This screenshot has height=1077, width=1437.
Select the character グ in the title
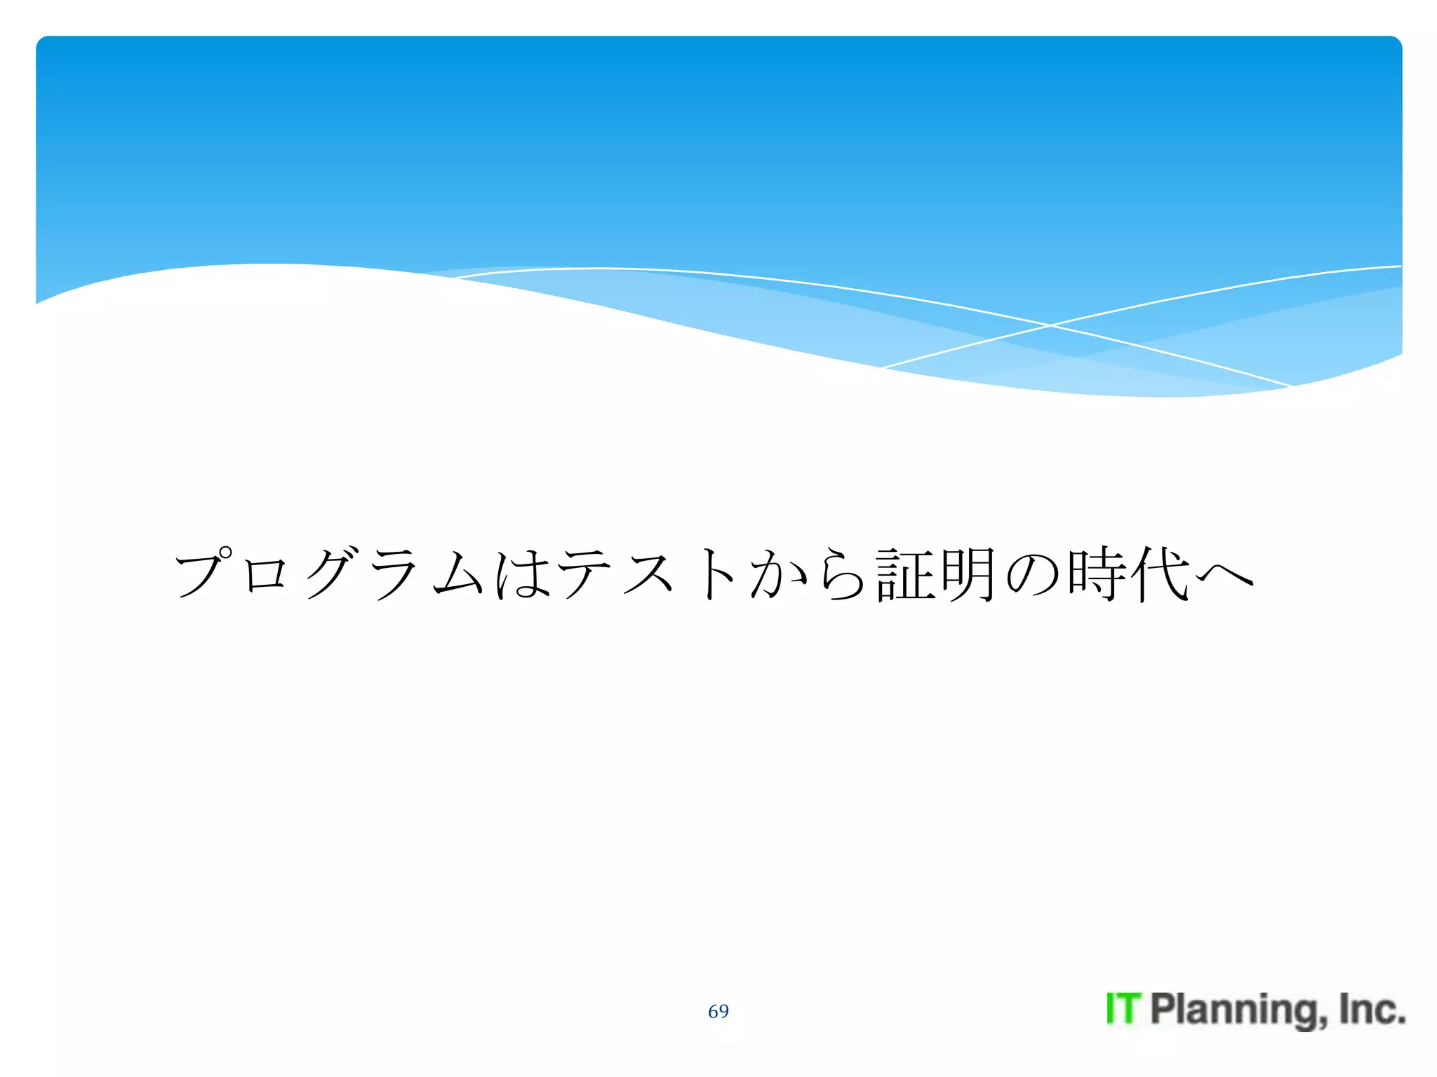[x=330, y=574]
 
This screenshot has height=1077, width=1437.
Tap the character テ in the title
[x=585, y=574]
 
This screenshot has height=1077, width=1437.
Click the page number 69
[x=718, y=1011]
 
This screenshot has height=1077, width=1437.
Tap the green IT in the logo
[x=1123, y=1009]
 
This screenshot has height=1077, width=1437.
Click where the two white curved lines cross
[x=1050, y=325]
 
